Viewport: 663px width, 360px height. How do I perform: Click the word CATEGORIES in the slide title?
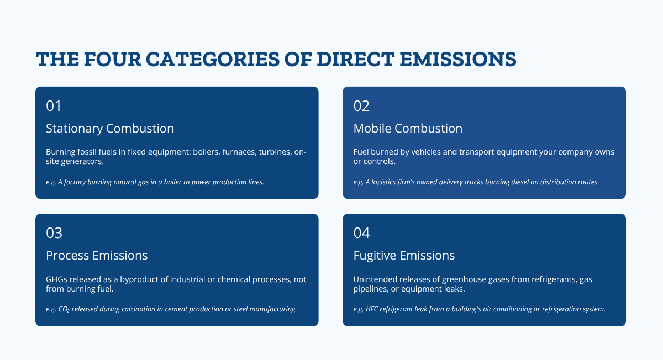point(213,59)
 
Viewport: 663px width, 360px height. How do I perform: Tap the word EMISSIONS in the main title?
point(458,59)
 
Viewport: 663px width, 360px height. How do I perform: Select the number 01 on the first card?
point(54,106)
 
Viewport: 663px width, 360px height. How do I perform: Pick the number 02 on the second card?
point(361,106)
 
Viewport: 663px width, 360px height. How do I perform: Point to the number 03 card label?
point(54,233)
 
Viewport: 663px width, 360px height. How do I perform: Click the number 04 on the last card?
point(361,233)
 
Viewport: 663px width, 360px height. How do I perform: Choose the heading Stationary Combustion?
point(110,129)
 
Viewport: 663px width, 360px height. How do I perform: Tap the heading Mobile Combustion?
point(408,129)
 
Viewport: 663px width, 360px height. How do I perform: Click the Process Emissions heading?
point(97,256)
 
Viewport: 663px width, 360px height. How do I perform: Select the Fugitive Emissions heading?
point(404,256)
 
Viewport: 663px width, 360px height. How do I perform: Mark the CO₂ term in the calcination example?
point(64,309)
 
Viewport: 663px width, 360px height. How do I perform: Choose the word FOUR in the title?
point(113,59)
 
